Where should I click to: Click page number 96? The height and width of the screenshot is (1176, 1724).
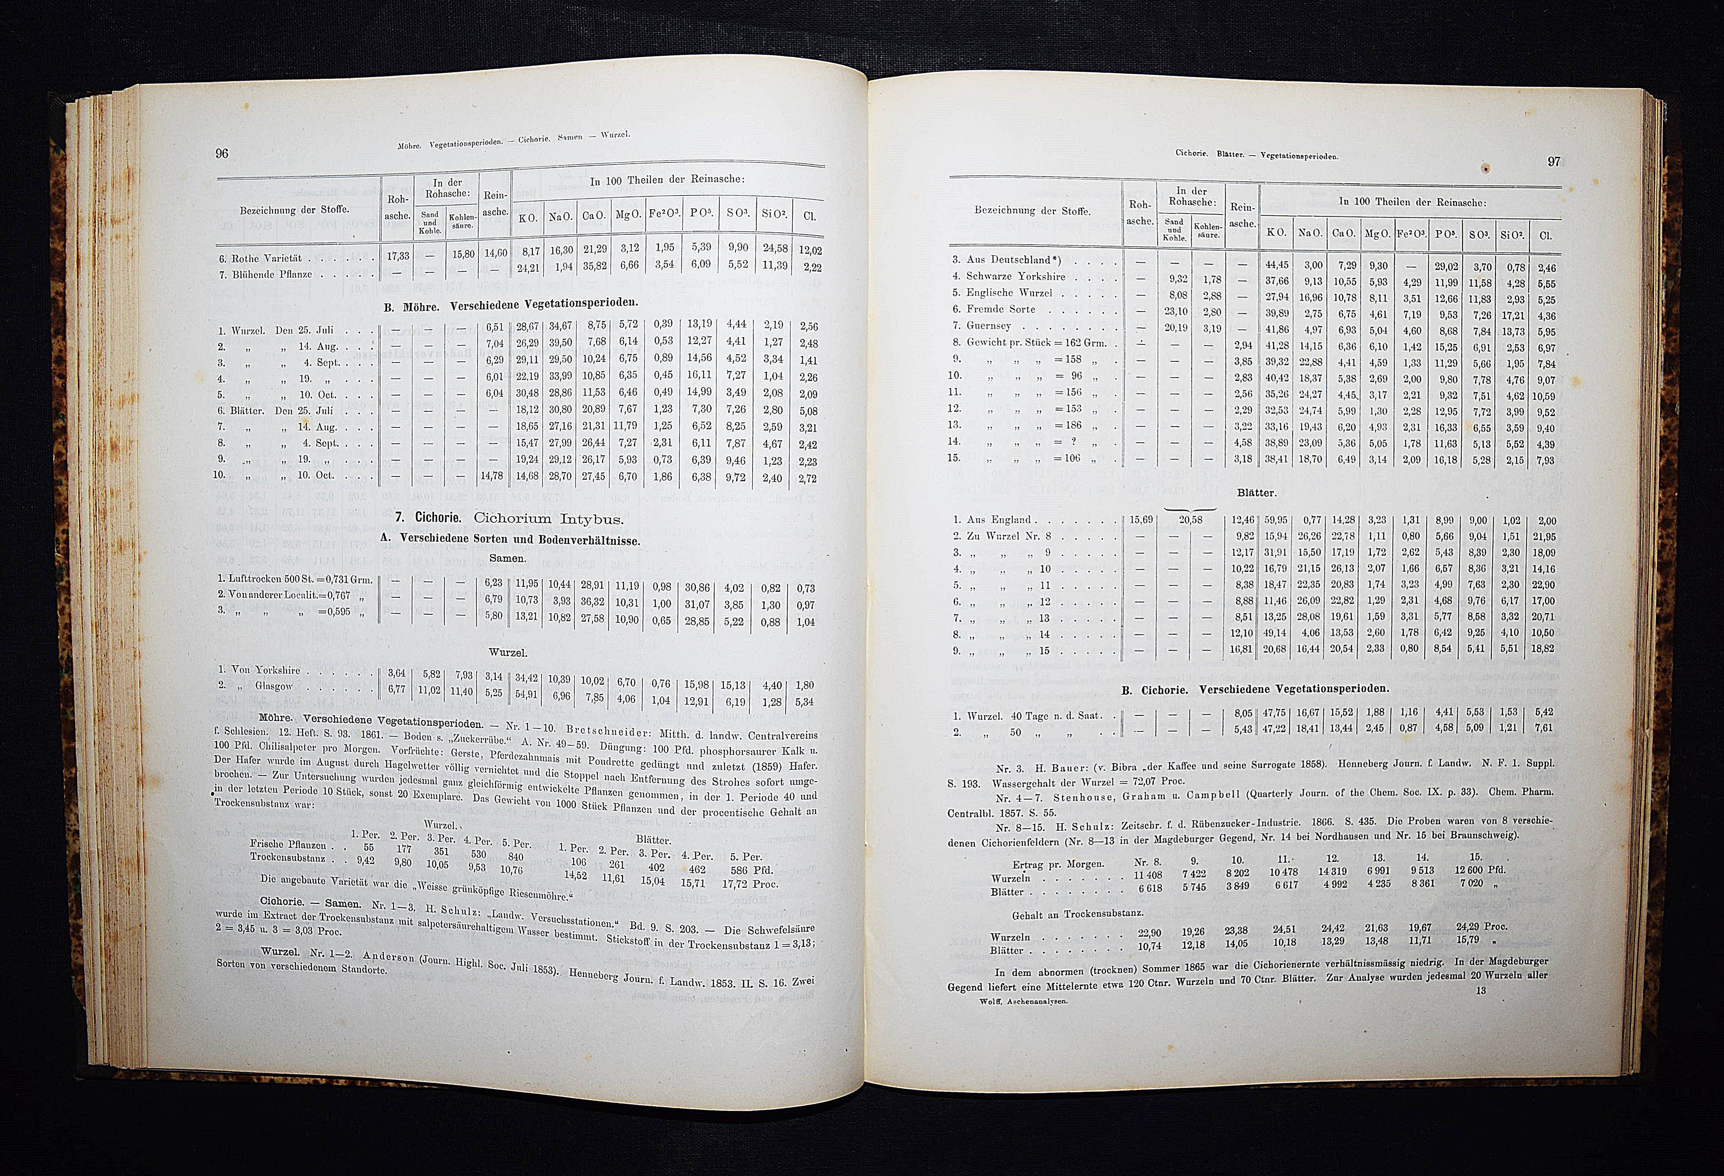(221, 154)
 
